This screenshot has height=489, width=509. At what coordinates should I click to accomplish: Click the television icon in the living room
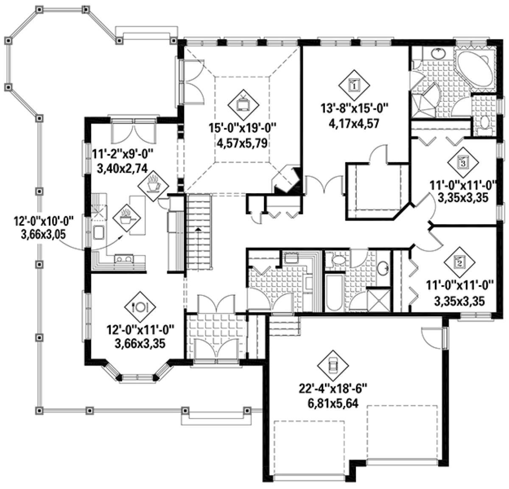(x=243, y=104)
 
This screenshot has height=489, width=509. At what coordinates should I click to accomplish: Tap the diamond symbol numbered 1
(x=354, y=85)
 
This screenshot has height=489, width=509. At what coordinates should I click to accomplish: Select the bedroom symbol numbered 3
(x=463, y=162)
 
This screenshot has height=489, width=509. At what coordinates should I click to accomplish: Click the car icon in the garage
(x=333, y=366)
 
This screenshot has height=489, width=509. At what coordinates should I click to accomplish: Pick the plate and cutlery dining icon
(x=140, y=307)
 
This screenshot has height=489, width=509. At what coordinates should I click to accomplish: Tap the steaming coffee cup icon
(x=153, y=185)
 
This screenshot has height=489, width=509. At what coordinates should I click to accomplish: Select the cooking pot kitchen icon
(x=126, y=218)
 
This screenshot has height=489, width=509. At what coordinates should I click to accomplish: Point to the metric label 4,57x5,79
(x=242, y=143)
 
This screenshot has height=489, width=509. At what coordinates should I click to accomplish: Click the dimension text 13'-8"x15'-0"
(x=354, y=108)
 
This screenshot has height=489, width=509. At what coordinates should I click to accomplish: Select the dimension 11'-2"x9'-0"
(x=123, y=154)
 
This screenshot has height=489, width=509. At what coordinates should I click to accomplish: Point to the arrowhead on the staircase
(x=199, y=229)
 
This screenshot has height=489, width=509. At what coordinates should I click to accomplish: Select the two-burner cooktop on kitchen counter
(x=123, y=259)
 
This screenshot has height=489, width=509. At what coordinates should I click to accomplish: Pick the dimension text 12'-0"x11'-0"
(x=140, y=329)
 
